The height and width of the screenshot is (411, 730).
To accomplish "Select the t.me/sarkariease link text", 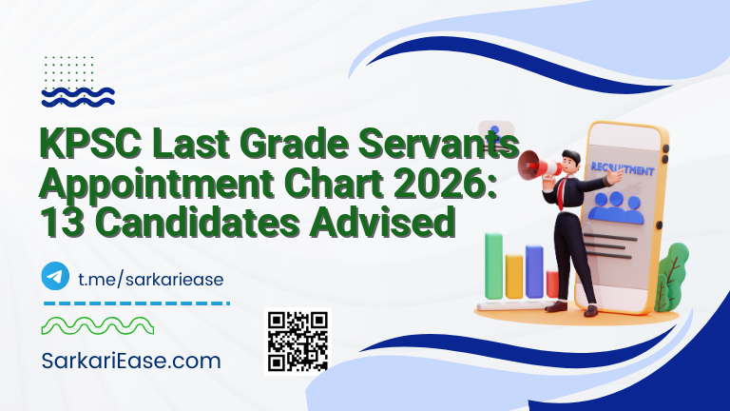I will (x=150, y=277).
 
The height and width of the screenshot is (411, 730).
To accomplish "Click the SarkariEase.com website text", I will (x=131, y=362).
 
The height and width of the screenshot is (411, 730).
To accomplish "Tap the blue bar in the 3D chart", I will (x=534, y=271).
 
